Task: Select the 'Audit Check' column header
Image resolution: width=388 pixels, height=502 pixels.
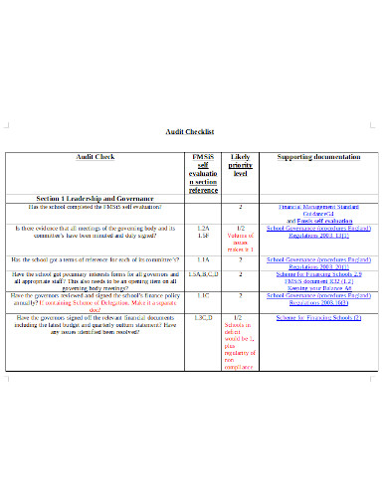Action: [x=96, y=157]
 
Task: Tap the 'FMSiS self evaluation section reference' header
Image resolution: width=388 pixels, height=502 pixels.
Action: [x=202, y=173]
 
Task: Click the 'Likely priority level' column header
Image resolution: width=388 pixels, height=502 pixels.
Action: [x=241, y=164]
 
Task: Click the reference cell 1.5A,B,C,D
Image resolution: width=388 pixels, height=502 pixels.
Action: [x=202, y=273]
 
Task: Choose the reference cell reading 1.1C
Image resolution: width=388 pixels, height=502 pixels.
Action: [x=202, y=295]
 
